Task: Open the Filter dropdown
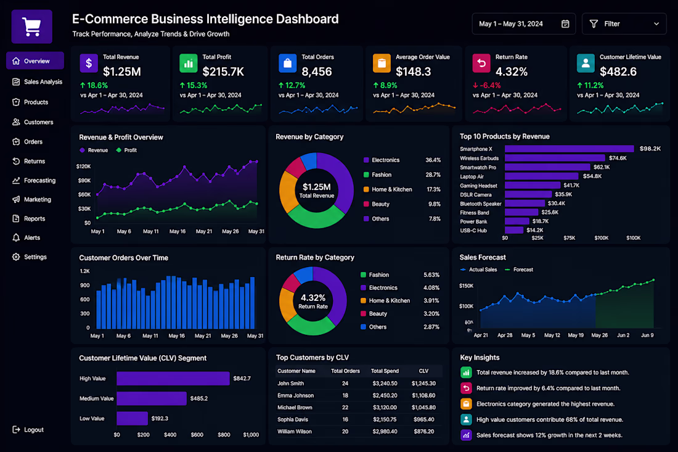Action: (624, 24)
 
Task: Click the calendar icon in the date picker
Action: (565, 24)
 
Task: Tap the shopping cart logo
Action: (31, 27)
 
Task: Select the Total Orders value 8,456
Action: (317, 72)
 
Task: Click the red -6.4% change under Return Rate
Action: (487, 86)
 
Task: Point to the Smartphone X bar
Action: (569, 149)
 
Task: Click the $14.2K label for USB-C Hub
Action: (535, 230)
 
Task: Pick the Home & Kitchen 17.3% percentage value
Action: (433, 189)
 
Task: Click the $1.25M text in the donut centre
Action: (317, 187)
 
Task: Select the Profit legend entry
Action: (126, 150)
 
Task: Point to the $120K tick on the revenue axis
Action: (83, 166)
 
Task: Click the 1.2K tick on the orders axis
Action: (85, 271)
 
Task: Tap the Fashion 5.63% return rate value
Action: (431, 275)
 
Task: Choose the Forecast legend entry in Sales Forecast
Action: (519, 269)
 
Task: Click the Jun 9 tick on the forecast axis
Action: (647, 335)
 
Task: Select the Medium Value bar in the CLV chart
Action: (152, 398)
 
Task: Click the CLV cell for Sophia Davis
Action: (423, 419)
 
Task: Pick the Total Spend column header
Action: (385, 371)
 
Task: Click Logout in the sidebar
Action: (28, 430)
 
